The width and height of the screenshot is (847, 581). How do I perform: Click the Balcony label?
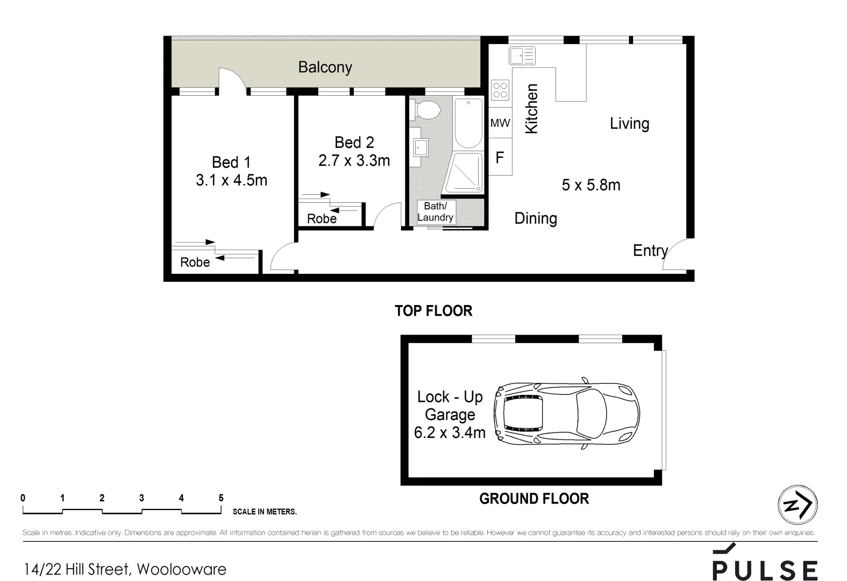click(x=325, y=67)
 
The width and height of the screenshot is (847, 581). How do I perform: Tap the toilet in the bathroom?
click(x=428, y=110)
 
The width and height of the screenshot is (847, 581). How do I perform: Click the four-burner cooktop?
click(x=500, y=90)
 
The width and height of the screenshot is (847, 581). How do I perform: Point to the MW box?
click(x=500, y=123)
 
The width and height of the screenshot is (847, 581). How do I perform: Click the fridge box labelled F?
click(x=500, y=158)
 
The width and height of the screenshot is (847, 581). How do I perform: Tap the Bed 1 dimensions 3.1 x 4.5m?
click(x=231, y=180)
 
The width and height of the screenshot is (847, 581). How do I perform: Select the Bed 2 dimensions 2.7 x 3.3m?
click(x=354, y=160)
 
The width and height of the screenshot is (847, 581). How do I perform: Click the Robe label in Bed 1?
click(x=195, y=263)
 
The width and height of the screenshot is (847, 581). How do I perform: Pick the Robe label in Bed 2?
click(x=322, y=219)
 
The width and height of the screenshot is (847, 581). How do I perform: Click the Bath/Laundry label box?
click(x=436, y=211)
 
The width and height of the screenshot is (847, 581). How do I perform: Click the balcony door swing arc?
click(x=232, y=78)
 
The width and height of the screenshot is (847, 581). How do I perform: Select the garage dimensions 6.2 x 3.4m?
click(x=450, y=433)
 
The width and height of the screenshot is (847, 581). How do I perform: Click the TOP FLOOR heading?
click(x=433, y=311)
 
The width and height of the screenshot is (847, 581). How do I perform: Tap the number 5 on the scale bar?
click(x=220, y=498)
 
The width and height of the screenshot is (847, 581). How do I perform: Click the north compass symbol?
click(x=798, y=505)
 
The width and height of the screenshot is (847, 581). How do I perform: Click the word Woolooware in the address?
click(x=181, y=569)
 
